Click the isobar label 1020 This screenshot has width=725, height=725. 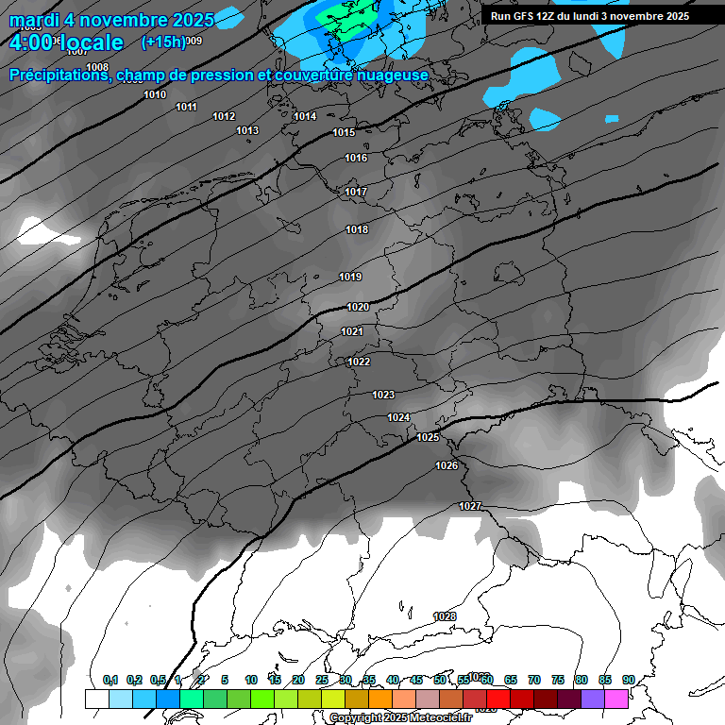coord(358,307)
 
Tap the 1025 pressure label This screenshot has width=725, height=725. coord(429,437)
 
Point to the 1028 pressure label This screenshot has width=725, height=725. coord(445,616)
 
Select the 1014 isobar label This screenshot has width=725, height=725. coord(305,116)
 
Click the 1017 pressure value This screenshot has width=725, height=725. coord(356,192)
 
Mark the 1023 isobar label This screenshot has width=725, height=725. coord(383,395)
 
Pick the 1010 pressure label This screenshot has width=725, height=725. coord(155,94)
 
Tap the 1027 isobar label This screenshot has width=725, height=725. coord(470,506)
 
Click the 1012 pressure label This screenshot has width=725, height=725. coord(224,116)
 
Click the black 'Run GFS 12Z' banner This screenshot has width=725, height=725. coord(590,16)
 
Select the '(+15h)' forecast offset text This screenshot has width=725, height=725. coord(163,42)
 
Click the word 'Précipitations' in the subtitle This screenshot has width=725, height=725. coord(59,75)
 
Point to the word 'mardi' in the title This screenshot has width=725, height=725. coord(32,19)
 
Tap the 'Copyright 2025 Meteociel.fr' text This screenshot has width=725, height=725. coord(400,717)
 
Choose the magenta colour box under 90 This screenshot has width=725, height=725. coord(616,699)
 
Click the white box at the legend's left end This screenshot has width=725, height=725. coord(96,699)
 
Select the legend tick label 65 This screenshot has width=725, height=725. coord(511,680)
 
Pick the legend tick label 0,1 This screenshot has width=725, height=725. coord(110,680)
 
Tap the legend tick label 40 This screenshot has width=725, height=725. coord(393,680)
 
